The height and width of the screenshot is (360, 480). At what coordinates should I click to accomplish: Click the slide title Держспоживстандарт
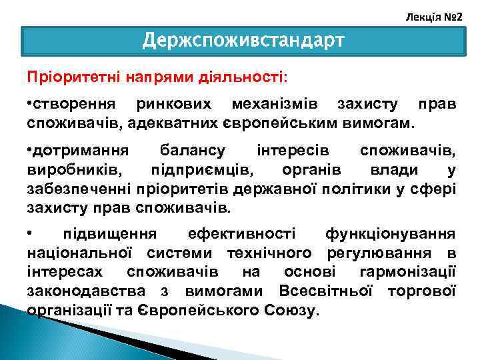coord(243,41)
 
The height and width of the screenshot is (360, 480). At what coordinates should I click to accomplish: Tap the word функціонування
coord(391,235)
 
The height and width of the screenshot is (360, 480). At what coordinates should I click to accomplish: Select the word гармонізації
coord(407,272)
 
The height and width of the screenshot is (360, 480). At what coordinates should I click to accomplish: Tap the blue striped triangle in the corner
coord(27,337)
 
